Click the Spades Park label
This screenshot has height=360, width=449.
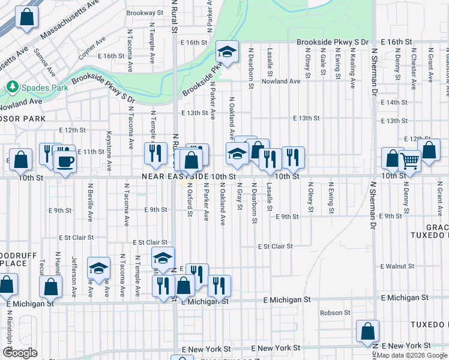click(x=44, y=88)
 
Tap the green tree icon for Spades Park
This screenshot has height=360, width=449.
click(x=12, y=88)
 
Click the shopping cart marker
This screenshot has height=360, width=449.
click(x=410, y=160)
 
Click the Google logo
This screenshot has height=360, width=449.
click(x=20, y=353)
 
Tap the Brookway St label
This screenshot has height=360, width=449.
click(x=145, y=13)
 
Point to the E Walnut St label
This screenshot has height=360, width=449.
click(x=398, y=266)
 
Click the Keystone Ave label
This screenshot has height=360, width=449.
click(x=109, y=149)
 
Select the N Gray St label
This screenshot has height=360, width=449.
click(x=239, y=196)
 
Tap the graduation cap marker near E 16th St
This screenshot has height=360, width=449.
click(x=227, y=53)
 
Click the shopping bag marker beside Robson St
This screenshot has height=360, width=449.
click(x=367, y=332)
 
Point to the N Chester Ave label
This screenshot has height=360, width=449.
click(x=414, y=71)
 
